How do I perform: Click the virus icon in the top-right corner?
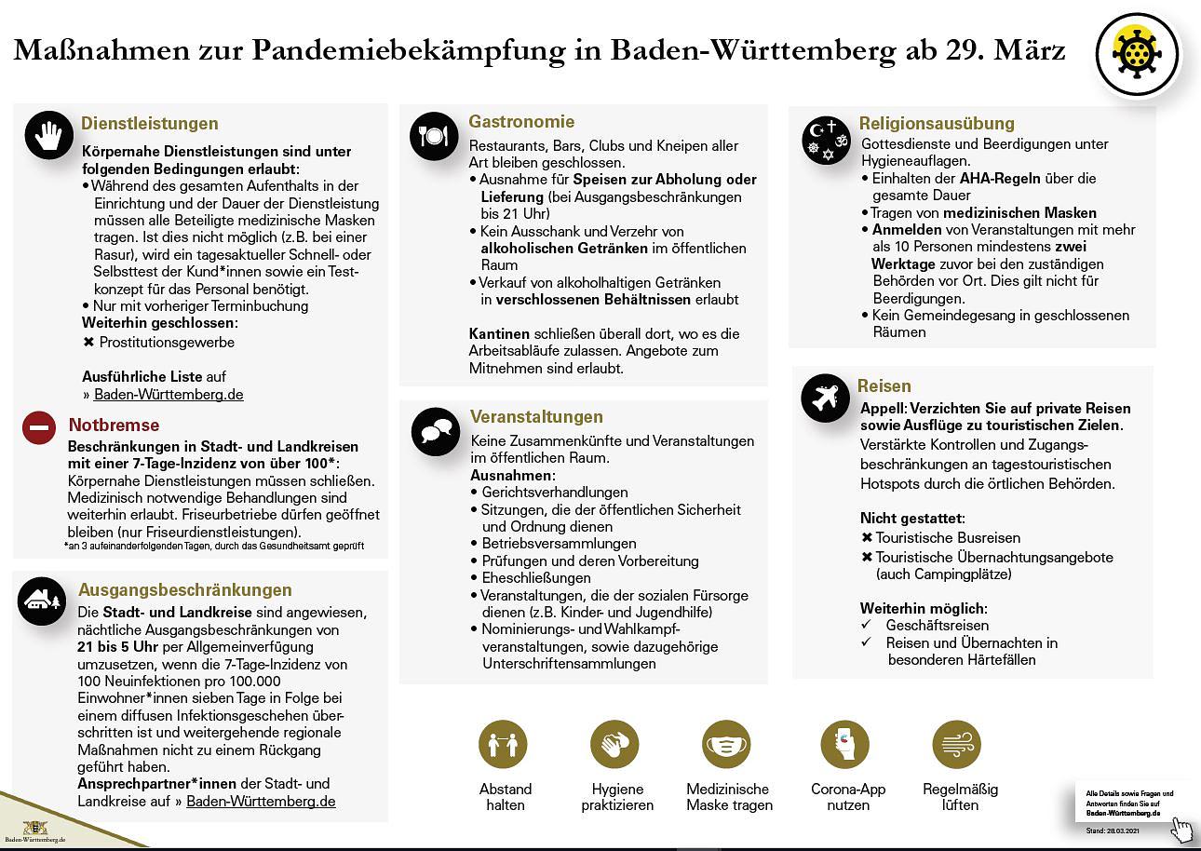1137,54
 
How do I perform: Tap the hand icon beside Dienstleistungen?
48,135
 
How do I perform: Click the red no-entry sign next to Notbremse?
39,427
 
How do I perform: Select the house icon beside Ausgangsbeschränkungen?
42,601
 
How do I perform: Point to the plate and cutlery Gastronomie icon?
434,136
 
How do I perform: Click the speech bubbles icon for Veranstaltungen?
435,431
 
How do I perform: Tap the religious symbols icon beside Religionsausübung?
826,139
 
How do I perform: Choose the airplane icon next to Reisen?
825,398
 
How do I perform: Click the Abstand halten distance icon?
503,744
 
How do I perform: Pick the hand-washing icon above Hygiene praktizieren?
614,744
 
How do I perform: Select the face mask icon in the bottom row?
726,744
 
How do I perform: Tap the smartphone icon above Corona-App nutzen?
844,744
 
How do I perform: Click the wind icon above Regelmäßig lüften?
956,744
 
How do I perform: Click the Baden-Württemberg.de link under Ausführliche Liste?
169,394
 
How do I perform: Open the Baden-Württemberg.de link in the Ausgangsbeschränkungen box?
261,801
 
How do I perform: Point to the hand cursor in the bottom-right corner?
1181,829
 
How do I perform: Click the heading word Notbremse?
114,425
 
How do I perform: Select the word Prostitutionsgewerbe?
167,342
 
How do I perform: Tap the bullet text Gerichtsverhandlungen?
555,492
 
